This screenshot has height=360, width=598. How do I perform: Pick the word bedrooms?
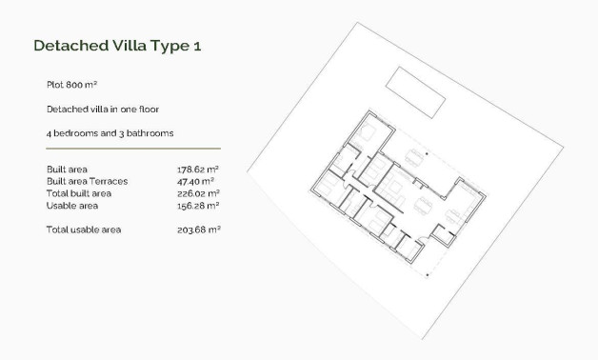tap(74, 132)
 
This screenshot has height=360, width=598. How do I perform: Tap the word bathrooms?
tap(150, 132)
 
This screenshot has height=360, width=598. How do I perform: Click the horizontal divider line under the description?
tap(133, 149)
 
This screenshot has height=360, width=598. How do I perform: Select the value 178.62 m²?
tap(198, 169)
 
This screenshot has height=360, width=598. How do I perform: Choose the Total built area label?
tap(79, 192)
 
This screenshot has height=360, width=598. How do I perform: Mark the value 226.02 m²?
tap(198, 192)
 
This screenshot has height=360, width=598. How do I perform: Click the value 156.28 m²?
tap(198, 205)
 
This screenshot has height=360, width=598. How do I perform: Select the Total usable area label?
tap(84, 230)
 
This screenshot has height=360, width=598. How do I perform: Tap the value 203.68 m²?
tap(198, 230)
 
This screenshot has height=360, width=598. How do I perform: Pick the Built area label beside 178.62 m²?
tap(67, 169)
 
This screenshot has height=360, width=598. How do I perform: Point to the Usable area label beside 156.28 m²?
tap(72, 205)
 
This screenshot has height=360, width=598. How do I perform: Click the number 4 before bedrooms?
tap(49, 132)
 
